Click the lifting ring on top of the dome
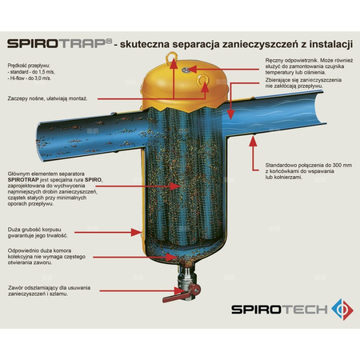(175, 58)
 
